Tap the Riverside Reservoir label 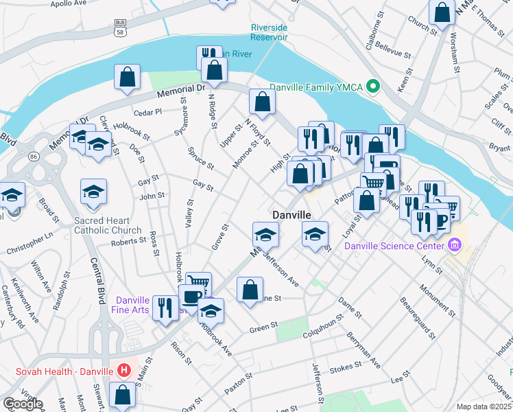pyautogui.click(x=269, y=32)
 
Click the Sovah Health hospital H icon pyautogui.click(x=124, y=371)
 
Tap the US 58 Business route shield pyautogui.click(x=121, y=27)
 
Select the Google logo pyautogui.click(x=23, y=404)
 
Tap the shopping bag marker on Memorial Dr pyautogui.click(x=128, y=78)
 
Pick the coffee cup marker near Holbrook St pyautogui.click(x=191, y=297)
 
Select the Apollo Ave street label pyautogui.click(x=69, y=3)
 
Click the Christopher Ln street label pyautogui.click(x=49, y=237)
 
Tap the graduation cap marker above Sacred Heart pyautogui.click(x=94, y=192)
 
